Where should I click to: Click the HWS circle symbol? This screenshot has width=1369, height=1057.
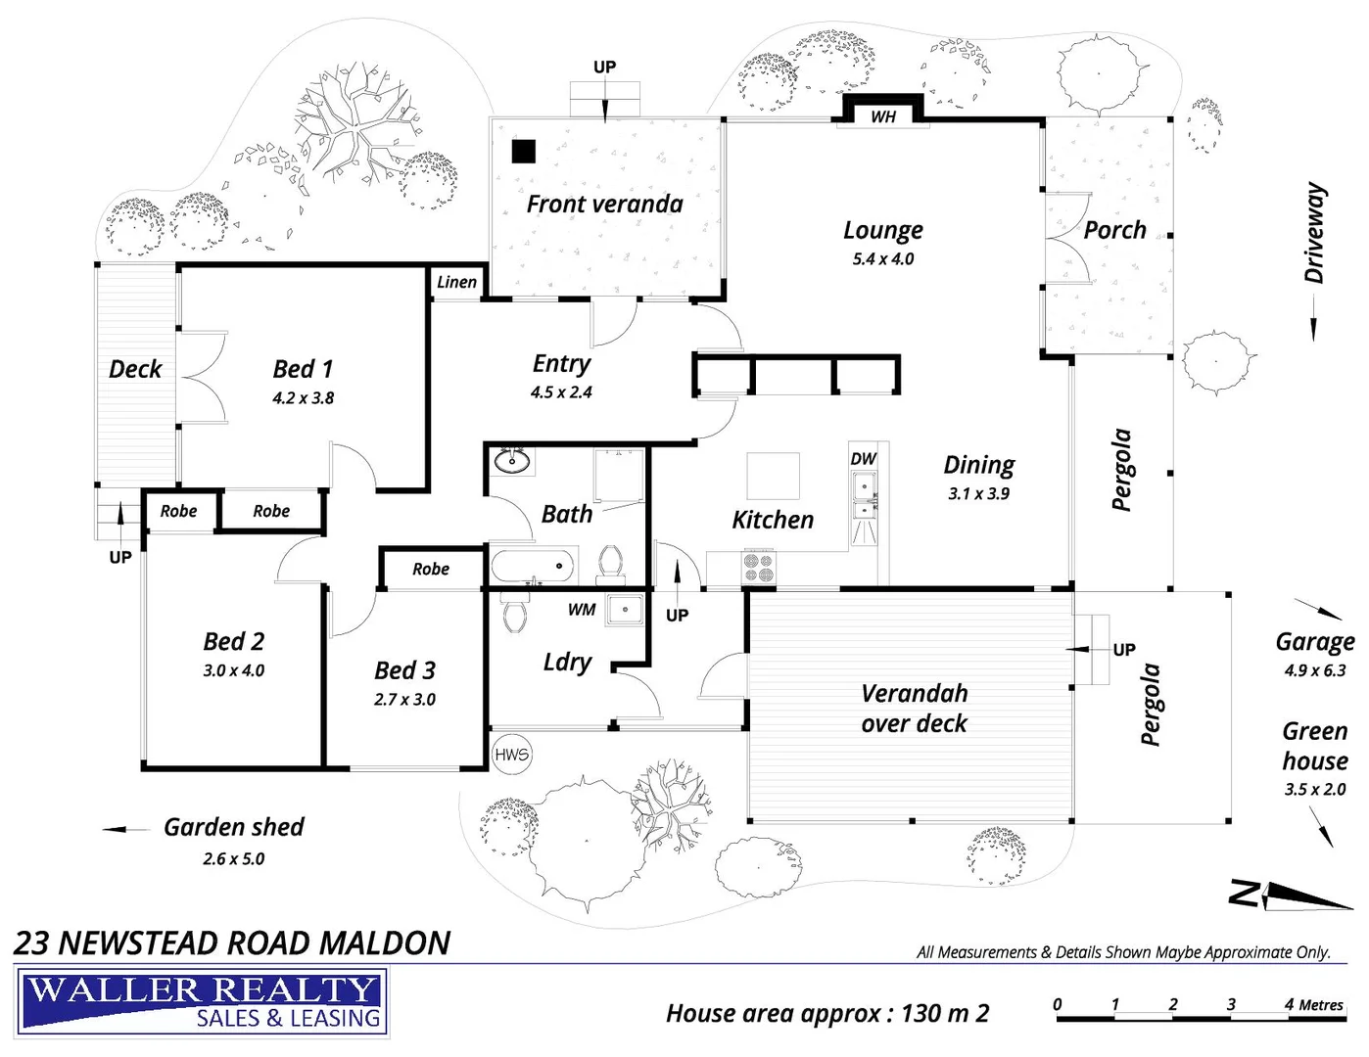(x=511, y=755)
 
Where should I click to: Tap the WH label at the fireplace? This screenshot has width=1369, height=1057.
(x=882, y=116)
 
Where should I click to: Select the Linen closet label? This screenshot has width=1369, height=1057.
(x=456, y=282)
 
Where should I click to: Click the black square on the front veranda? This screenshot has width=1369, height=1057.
(x=524, y=152)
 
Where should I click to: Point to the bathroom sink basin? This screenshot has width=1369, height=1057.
(x=511, y=461)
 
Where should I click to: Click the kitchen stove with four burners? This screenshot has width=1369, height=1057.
(x=759, y=568)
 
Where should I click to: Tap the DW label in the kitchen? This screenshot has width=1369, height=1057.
(x=863, y=459)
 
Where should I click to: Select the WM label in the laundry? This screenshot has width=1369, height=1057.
(x=581, y=610)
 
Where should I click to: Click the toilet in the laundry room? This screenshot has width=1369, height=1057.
(x=515, y=614)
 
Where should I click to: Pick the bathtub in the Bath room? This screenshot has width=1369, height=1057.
(x=533, y=566)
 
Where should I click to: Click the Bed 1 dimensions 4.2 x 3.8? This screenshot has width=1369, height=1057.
(x=303, y=398)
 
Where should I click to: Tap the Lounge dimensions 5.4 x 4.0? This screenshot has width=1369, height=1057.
(x=882, y=258)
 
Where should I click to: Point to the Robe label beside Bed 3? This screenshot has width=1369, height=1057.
(x=431, y=569)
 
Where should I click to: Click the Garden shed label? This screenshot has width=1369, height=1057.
(x=234, y=827)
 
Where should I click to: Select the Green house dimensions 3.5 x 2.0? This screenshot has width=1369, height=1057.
(x=1315, y=790)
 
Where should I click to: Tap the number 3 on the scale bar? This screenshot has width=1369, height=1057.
(x=1231, y=1004)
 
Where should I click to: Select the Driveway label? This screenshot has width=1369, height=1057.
(x=1315, y=233)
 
